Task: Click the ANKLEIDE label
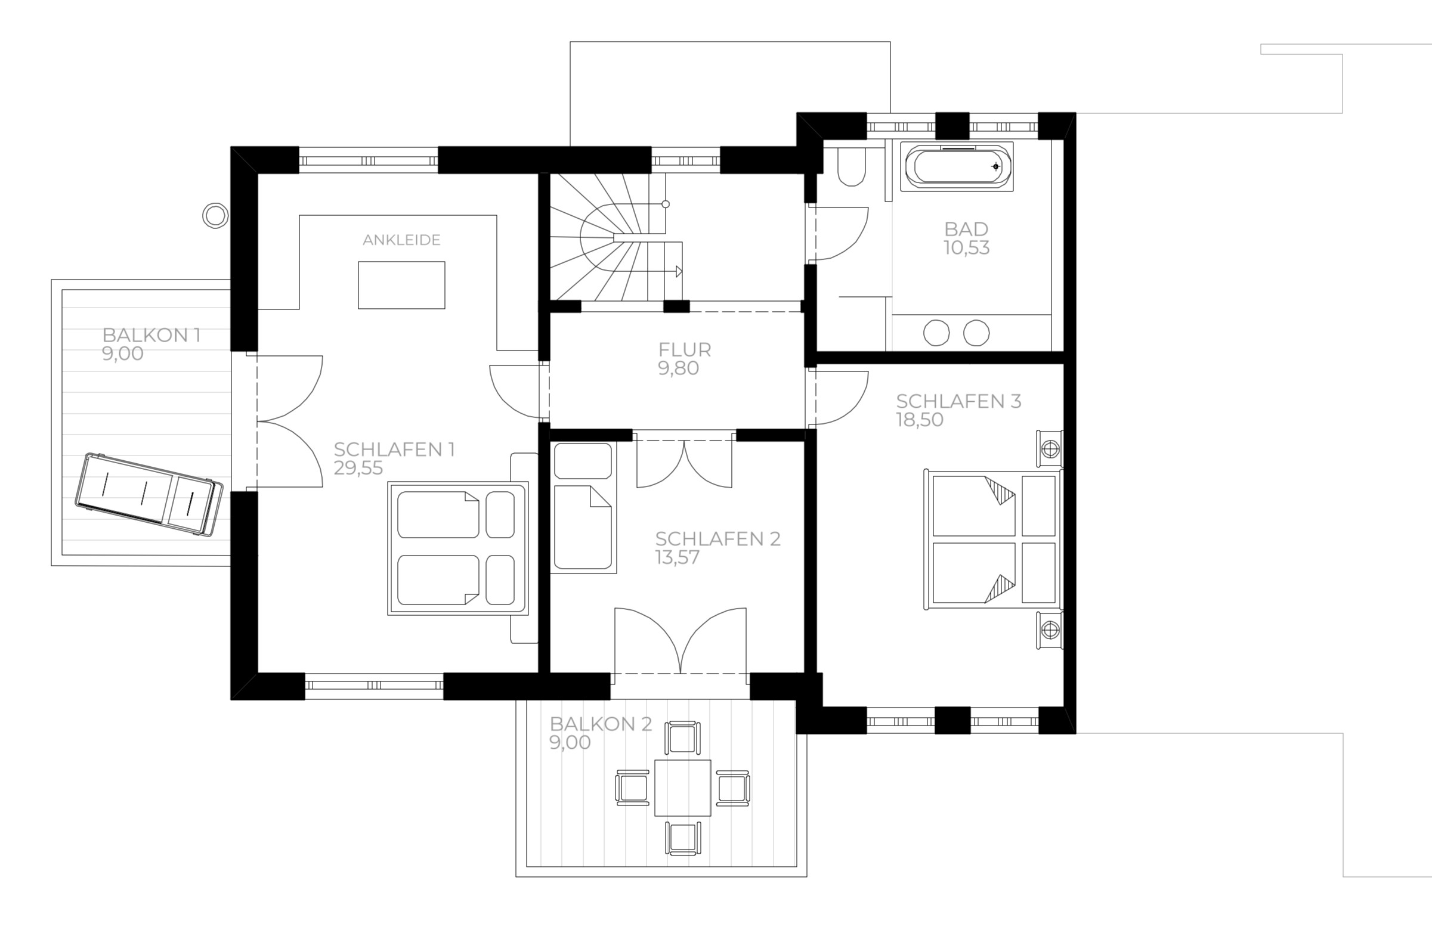click(x=401, y=240)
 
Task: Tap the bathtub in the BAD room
click(x=957, y=167)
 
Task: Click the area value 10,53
click(x=966, y=248)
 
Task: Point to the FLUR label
click(x=685, y=349)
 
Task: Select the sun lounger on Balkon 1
click(x=149, y=494)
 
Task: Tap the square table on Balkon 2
click(x=683, y=788)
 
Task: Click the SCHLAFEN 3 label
click(x=958, y=401)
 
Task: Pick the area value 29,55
click(x=358, y=468)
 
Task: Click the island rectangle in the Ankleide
click(x=402, y=285)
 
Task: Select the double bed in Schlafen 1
click(x=458, y=548)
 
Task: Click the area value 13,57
click(x=678, y=557)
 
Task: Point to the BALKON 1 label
click(x=151, y=335)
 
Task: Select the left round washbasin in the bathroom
click(x=937, y=333)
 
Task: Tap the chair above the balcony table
click(x=683, y=737)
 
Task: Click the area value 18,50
click(x=920, y=420)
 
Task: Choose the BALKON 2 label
click(x=601, y=724)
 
